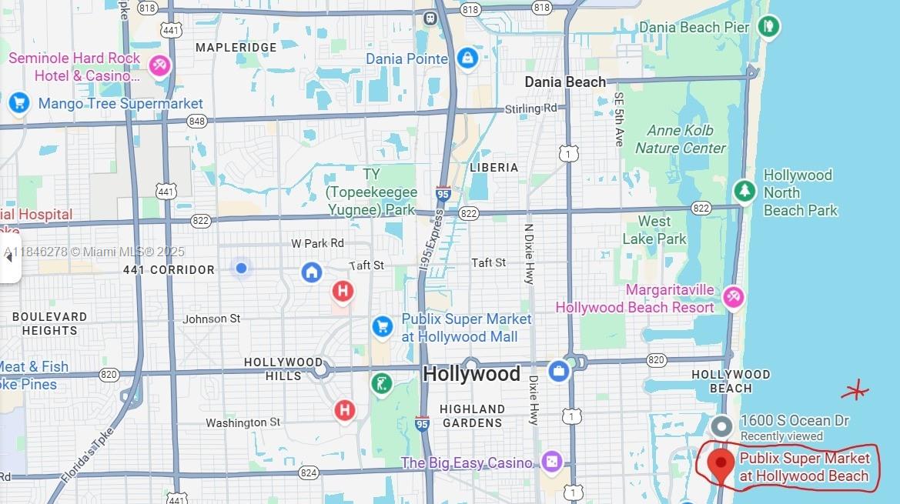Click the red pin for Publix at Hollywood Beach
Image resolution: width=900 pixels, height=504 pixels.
[x=721, y=463]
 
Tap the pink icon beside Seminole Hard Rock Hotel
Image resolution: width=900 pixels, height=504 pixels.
[x=160, y=66]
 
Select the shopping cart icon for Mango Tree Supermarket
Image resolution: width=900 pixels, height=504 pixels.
[x=18, y=102]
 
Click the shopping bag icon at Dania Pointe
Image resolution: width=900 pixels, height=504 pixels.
[x=467, y=58]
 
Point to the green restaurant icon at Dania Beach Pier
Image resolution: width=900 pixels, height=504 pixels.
[x=768, y=27]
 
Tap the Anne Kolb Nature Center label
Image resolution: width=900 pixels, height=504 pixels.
[x=681, y=139]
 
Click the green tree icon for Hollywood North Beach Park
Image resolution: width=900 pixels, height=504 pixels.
[x=744, y=191]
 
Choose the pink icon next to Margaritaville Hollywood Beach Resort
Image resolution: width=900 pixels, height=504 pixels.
[x=734, y=297]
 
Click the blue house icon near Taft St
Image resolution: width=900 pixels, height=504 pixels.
[x=311, y=272]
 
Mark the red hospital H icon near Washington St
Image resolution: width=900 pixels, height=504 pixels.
[x=345, y=410]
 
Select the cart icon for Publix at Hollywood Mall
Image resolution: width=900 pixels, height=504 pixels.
[x=382, y=326]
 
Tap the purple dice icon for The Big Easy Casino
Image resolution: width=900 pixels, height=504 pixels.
[x=551, y=462]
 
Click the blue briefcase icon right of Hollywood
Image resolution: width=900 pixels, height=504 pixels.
[x=559, y=372]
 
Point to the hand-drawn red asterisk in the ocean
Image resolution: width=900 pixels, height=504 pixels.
[x=855, y=391]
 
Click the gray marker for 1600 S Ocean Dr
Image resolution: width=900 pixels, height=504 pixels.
[x=721, y=426]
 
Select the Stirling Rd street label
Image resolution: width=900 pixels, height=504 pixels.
[x=530, y=108]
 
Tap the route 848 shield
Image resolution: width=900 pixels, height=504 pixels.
[x=196, y=122]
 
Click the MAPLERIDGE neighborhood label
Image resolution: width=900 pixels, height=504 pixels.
[x=236, y=48]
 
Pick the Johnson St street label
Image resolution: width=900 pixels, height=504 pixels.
[x=212, y=319]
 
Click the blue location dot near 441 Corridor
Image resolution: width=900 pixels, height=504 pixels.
[x=241, y=268]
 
